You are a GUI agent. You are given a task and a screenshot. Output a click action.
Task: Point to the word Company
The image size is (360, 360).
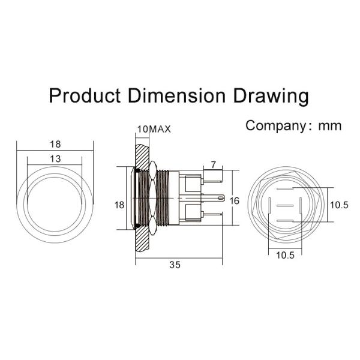pos(275,125)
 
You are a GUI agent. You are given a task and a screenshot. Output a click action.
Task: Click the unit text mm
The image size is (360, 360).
pos(330,125)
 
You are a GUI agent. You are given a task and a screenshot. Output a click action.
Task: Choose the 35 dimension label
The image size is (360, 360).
pos(175,264)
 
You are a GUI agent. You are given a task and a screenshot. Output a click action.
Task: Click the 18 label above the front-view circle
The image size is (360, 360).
pos(55,144)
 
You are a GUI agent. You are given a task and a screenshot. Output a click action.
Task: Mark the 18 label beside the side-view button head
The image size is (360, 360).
pos(119,205)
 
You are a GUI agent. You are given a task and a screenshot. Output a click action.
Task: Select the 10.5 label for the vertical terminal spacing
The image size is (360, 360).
pos(339,205)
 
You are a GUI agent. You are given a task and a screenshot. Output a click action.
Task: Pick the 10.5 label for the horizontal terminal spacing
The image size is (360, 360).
pos(285,255)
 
